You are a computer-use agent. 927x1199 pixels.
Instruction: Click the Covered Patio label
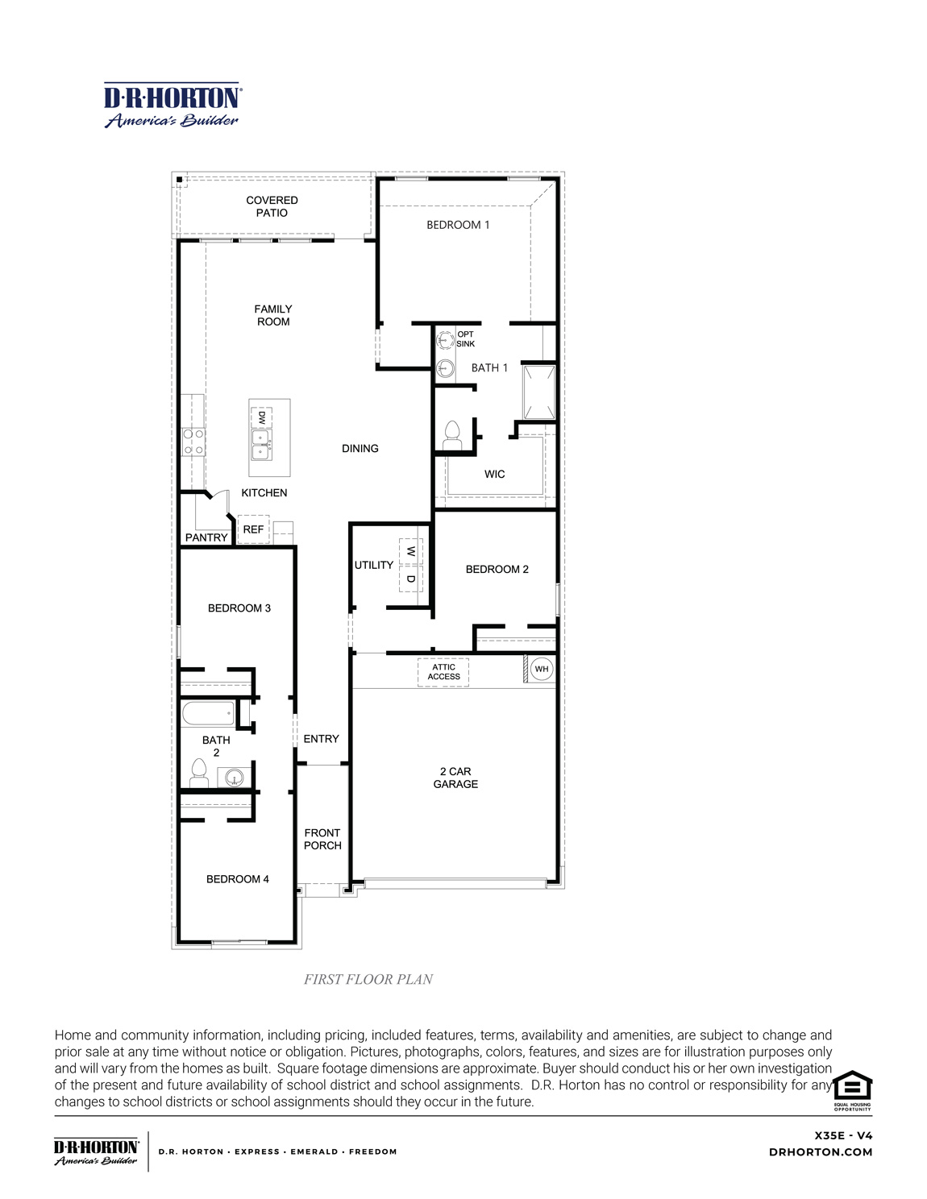click(x=272, y=206)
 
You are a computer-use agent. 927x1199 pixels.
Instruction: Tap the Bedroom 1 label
click(x=458, y=225)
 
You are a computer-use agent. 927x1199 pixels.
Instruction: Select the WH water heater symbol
click(x=542, y=669)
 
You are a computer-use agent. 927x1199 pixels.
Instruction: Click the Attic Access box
click(x=443, y=672)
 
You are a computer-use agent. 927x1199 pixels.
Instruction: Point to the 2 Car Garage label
click(x=455, y=778)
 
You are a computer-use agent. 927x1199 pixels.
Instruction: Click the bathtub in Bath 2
click(x=208, y=713)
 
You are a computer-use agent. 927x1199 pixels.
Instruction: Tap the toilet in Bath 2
click(x=198, y=774)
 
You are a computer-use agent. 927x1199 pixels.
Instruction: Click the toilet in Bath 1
click(x=451, y=435)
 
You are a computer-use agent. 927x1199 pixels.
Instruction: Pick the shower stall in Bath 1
click(x=539, y=392)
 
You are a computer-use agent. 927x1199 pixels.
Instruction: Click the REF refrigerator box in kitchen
click(x=253, y=529)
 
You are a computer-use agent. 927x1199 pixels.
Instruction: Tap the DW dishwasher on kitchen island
click(x=261, y=417)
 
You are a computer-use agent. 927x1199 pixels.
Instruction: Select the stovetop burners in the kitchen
click(x=193, y=442)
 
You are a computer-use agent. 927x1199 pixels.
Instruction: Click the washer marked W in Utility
click(x=410, y=552)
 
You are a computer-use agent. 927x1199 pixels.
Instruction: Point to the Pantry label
click(x=206, y=537)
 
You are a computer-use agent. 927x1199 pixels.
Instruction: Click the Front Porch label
click(x=322, y=839)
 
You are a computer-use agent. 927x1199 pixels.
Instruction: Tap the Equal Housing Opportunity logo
click(x=852, y=1089)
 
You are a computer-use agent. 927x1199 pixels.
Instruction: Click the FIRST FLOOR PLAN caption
click(x=368, y=979)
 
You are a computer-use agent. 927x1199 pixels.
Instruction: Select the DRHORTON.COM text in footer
click(x=821, y=1152)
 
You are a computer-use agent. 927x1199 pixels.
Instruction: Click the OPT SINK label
click(x=465, y=339)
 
